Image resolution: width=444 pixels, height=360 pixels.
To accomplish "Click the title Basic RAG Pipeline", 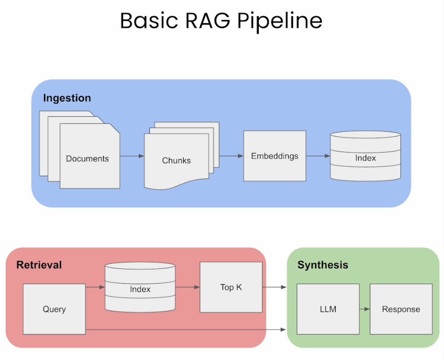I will click(x=221, y=21).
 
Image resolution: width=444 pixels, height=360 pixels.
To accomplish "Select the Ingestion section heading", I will click(x=67, y=98).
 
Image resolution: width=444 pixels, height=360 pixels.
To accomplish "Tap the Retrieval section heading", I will click(x=39, y=265).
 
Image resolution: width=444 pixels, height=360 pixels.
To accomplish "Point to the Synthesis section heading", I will click(x=322, y=265).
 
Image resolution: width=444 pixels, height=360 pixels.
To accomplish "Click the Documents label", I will click(x=87, y=158).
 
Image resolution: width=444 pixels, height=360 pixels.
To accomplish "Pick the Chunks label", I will click(x=176, y=161).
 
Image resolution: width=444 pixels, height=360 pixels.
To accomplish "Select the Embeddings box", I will click(x=274, y=156).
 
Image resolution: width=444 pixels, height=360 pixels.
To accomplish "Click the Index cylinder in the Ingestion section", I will click(x=365, y=157).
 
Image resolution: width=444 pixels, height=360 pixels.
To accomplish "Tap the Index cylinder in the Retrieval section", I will click(x=140, y=288).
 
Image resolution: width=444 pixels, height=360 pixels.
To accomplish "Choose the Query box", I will click(x=54, y=309).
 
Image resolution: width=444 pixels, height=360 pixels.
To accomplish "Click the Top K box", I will click(x=231, y=287).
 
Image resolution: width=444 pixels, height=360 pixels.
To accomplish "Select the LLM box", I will click(x=328, y=309).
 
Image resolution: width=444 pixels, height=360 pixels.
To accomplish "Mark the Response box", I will click(x=401, y=309).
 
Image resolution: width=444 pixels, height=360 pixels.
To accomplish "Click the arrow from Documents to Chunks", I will click(x=132, y=156).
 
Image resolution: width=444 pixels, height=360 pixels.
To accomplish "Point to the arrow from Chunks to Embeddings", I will click(x=231, y=156).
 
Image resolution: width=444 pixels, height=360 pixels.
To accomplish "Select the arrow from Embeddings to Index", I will click(x=318, y=156).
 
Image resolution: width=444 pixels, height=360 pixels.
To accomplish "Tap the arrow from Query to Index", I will click(x=95, y=287).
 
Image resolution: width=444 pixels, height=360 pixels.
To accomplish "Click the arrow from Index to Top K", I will click(x=187, y=287).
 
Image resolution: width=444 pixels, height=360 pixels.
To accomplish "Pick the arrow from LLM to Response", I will click(x=365, y=309).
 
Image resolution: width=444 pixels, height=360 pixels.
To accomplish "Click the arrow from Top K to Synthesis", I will click(x=274, y=287).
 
